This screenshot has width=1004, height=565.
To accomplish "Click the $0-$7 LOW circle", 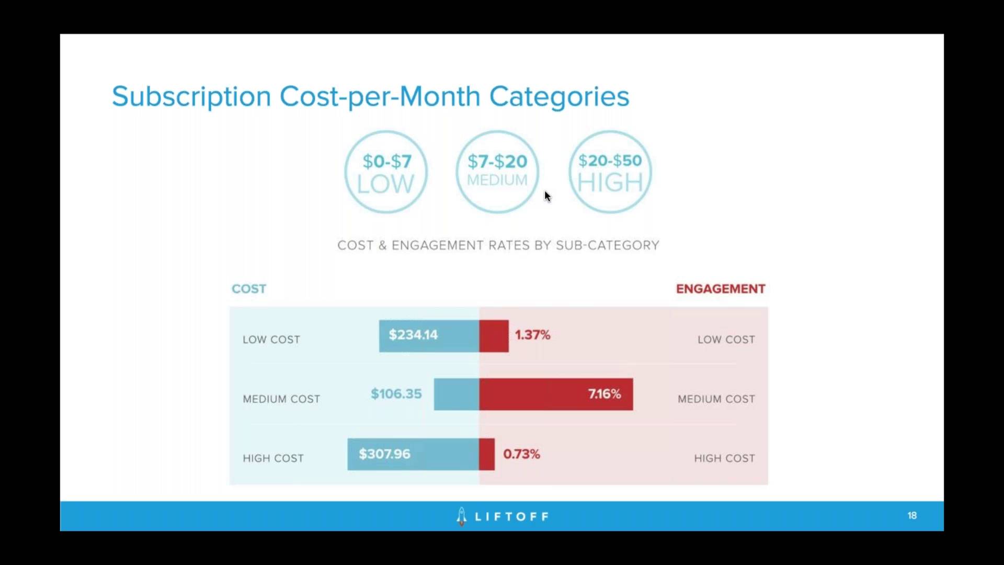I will (386, 172).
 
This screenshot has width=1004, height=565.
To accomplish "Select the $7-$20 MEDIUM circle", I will (497, 172).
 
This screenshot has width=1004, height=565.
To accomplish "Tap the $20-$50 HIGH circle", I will (610, 172).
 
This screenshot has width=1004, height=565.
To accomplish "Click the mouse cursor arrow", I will (547, 196).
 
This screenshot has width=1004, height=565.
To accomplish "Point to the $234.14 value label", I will (413, 335).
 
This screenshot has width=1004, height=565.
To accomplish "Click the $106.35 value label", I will (396, 394).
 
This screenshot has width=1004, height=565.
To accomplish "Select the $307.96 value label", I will (384, 454).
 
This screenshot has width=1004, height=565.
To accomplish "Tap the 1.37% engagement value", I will (532, 335).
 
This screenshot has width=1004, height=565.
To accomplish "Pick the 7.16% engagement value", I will (604, 394).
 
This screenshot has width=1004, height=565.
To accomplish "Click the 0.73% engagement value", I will (521, 454).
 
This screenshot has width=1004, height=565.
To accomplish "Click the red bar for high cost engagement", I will (487, 454).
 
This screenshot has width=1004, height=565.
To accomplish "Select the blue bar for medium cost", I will (456, 394).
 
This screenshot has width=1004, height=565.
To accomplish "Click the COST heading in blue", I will (249, 289).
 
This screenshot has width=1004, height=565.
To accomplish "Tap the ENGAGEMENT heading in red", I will (720, 289).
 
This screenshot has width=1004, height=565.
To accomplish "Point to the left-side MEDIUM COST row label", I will (281, 399).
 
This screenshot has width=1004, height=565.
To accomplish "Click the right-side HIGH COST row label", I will (724, 458).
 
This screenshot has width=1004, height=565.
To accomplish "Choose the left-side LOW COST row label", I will (271, 340).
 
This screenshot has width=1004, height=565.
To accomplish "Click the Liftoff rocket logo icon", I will (461, 516).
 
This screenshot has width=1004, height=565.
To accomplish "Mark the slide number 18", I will (912, 515).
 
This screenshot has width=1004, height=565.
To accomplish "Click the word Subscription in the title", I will (191, 97).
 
